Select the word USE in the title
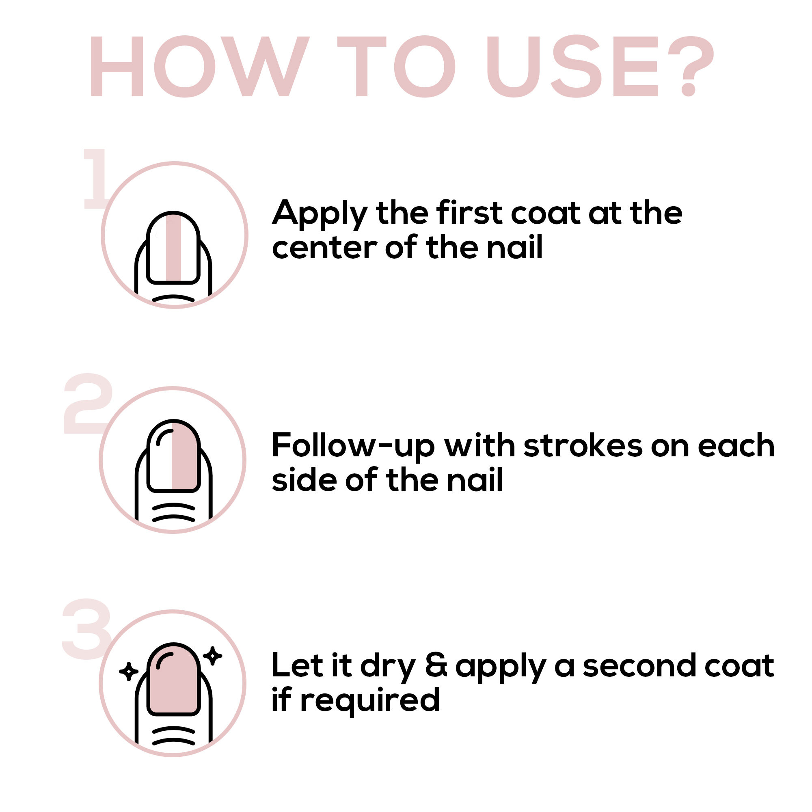tap(572, 67)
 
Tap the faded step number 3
tap(86, 629)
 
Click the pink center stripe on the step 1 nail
tap(173, 248)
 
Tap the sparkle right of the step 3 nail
tap(212, 656)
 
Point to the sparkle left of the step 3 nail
tap(129, 671)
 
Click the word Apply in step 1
tap(320, 215)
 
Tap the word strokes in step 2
tap(583, 445)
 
